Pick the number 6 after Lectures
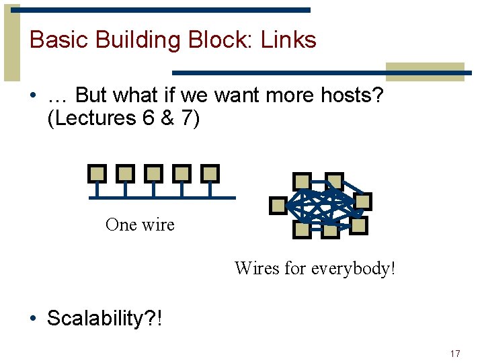point(149,118)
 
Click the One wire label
point(140,225)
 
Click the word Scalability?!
point(104,318)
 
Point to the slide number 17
point(455,354)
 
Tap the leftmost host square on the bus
point(97,173)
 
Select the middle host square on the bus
point(153,173)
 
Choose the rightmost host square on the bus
point(210,173)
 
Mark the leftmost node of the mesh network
point(278,206)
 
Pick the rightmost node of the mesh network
point(363,202)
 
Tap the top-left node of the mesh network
point(302,181)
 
